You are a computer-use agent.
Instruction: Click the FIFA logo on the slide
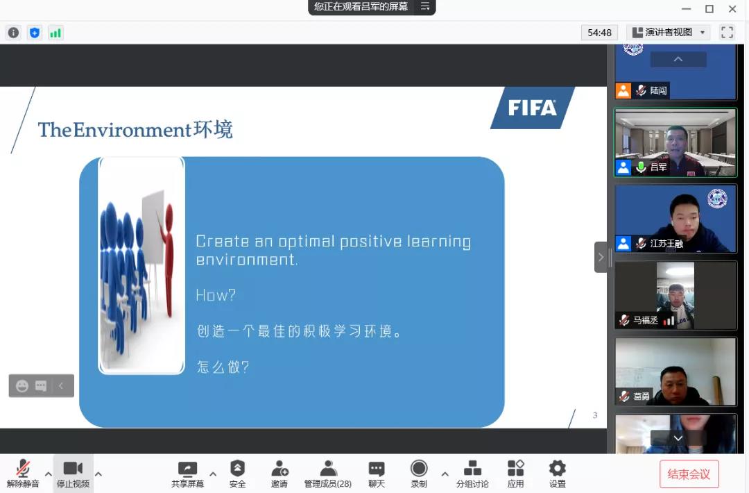point(532,108)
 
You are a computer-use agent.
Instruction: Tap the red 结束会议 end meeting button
point(689,474)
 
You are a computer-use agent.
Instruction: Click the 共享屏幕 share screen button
point(188,474)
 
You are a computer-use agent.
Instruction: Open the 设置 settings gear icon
point(558,468)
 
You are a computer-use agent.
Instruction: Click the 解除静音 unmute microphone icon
point(22,468)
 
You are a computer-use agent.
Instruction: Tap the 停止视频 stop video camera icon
point(73,468)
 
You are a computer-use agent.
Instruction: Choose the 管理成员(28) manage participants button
point(327,474)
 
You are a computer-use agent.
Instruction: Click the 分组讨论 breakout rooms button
point(472,474)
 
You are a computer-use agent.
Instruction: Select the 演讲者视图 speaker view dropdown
point(669,33)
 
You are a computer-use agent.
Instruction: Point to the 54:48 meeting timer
point(599,33)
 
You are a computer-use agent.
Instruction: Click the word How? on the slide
point(216,295)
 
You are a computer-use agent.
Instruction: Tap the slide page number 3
point(595,415)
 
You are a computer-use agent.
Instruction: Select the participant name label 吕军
point(658,167)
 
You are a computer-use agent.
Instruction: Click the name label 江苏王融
point(666,244)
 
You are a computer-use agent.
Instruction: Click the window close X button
point(732,8)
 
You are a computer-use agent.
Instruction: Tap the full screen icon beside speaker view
point(727,32)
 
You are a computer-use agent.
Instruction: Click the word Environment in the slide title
point(132,130)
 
